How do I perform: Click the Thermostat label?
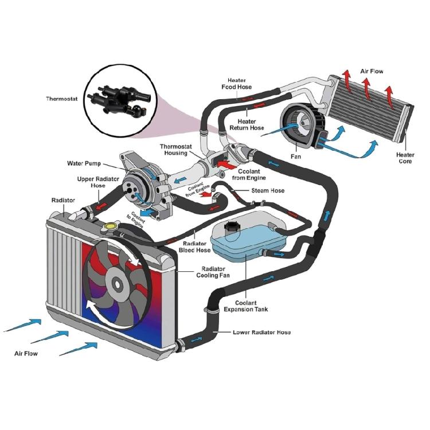click(x=61, y=99)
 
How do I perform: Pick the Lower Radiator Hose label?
click(x=261, y=333)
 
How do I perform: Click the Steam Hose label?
click(x=268, y=191)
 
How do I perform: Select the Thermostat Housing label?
click(x=174, y=150)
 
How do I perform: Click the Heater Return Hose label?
click(x=247, y=124)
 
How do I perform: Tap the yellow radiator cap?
click(x=107, y=229)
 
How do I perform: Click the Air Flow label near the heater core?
click(x=372, y=72)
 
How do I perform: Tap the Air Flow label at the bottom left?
click(x=26, y=354)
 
